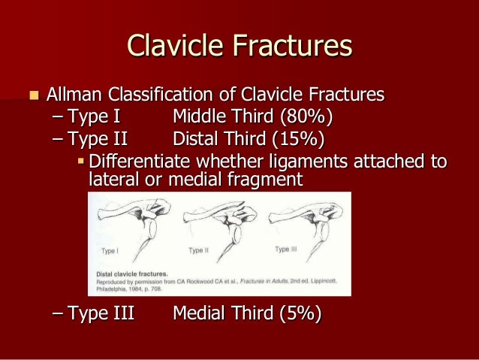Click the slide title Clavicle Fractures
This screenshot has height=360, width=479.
coord(239,46)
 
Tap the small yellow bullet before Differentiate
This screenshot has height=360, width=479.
coord(82,162)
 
